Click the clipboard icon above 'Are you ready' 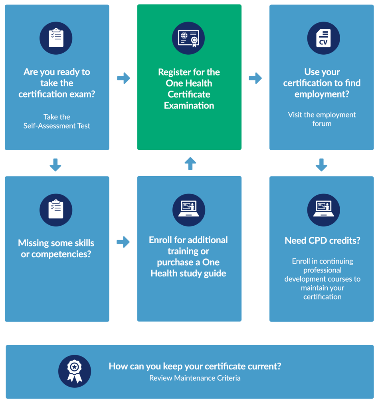click(x=56, y=38)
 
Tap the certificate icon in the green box click(x=189, y=38)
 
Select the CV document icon click(x=323, y=38)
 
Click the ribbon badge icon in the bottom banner click(x=75, y=371)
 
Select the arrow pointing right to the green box click(x=123, y=78)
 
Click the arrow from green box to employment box click(x=255, y=78)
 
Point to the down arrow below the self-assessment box click(x=55, y=165)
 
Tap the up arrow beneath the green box click(x=190, y=163)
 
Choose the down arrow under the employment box click(x=321, y=165)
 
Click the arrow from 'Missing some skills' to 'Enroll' click(x=123, y=242)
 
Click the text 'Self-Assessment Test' click(x=57, y=126)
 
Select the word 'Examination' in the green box click(x=189, y=105)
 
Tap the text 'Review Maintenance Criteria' click(x=195, y=378)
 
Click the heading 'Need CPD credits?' click(x=322, y=240)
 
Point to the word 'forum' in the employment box click(x=322, y=123)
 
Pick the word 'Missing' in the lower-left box click(x=34, y=243)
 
